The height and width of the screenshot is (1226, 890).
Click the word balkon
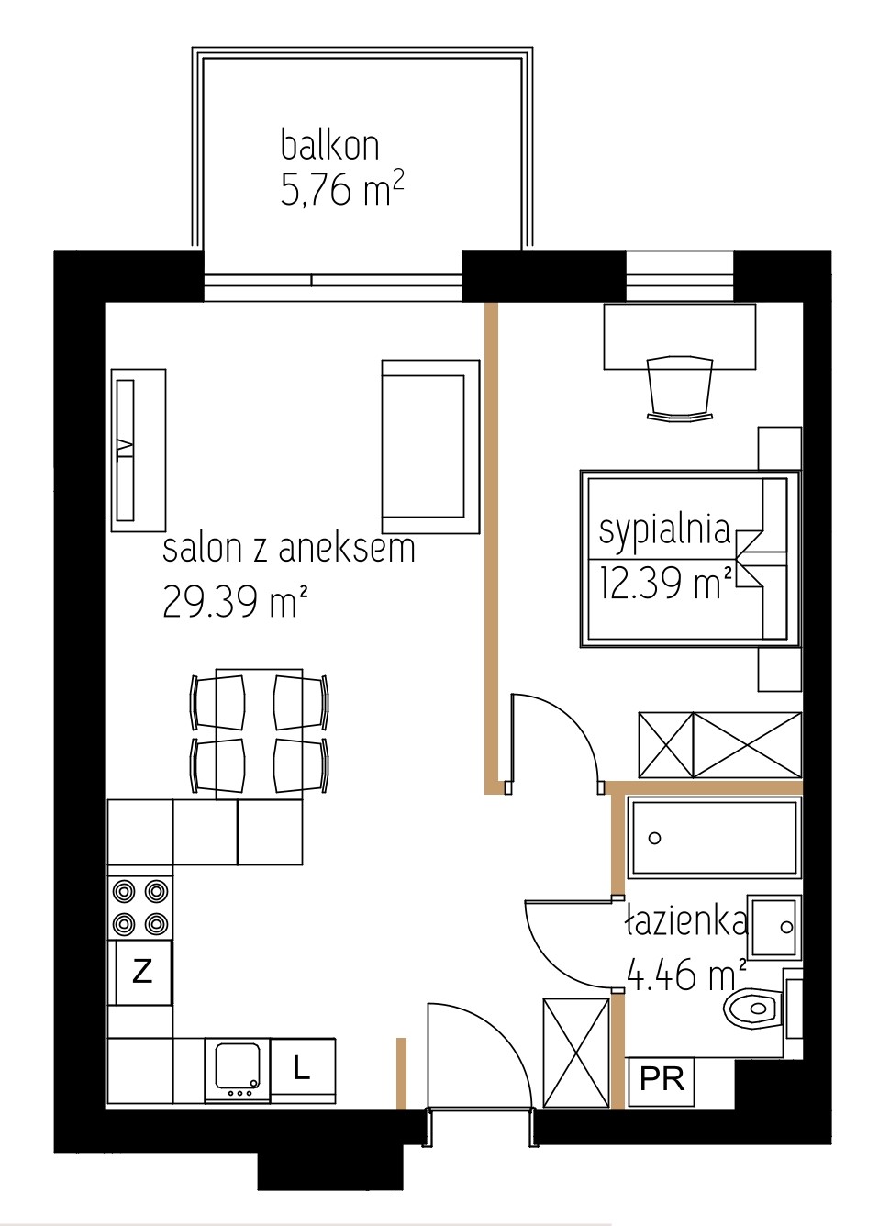(329, 144)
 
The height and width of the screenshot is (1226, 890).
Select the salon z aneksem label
(288, 549)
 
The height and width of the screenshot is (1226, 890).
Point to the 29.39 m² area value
(230, 601)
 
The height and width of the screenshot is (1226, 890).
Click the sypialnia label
(665, 531)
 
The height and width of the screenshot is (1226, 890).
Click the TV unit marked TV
(139, 450)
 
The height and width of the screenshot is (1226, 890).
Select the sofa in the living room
(430, 446)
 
